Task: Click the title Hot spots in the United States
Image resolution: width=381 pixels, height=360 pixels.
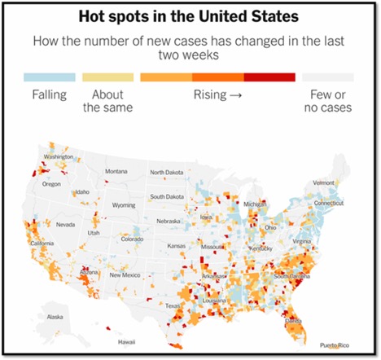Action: point(190,16)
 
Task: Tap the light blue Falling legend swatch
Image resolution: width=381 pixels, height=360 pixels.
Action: point(50,77)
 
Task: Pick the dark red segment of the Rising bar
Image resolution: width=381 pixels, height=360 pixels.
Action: point(269,77)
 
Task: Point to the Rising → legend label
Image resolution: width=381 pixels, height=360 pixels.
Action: point(218,94)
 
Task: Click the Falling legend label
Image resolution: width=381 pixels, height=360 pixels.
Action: point(50,94)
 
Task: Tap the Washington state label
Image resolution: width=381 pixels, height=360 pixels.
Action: point(59,157)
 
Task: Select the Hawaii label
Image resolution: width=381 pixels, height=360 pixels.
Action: point(125,343)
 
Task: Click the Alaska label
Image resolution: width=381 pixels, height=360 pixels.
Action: point(55,317)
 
